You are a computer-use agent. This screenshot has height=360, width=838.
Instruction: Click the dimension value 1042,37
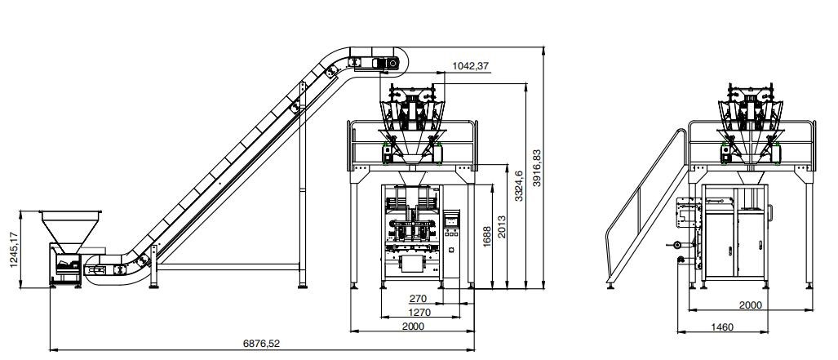pyautogui.click(x=470, y=66)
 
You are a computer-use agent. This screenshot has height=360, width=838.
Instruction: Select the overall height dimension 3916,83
pyautogui.click(x=537, y=167)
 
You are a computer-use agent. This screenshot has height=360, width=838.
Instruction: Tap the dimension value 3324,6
pyautogui.click(x=519, y=185)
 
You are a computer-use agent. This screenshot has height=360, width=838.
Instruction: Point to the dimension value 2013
pyautogui.click(x=501, y=227)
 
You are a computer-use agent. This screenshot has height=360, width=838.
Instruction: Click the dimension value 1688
pyautogui.click(x=486, y=236)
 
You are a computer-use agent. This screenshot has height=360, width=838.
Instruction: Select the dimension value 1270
pyautogui.click(x=420, y=311)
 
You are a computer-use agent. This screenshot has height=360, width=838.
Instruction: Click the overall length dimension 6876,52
pyautogui.click(x=261, y=344)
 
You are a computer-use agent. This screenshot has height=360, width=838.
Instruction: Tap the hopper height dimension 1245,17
pyautogui.click(x=13, y=249)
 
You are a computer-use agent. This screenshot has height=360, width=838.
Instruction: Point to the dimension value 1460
pyautogui.click(x=722, y=327)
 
